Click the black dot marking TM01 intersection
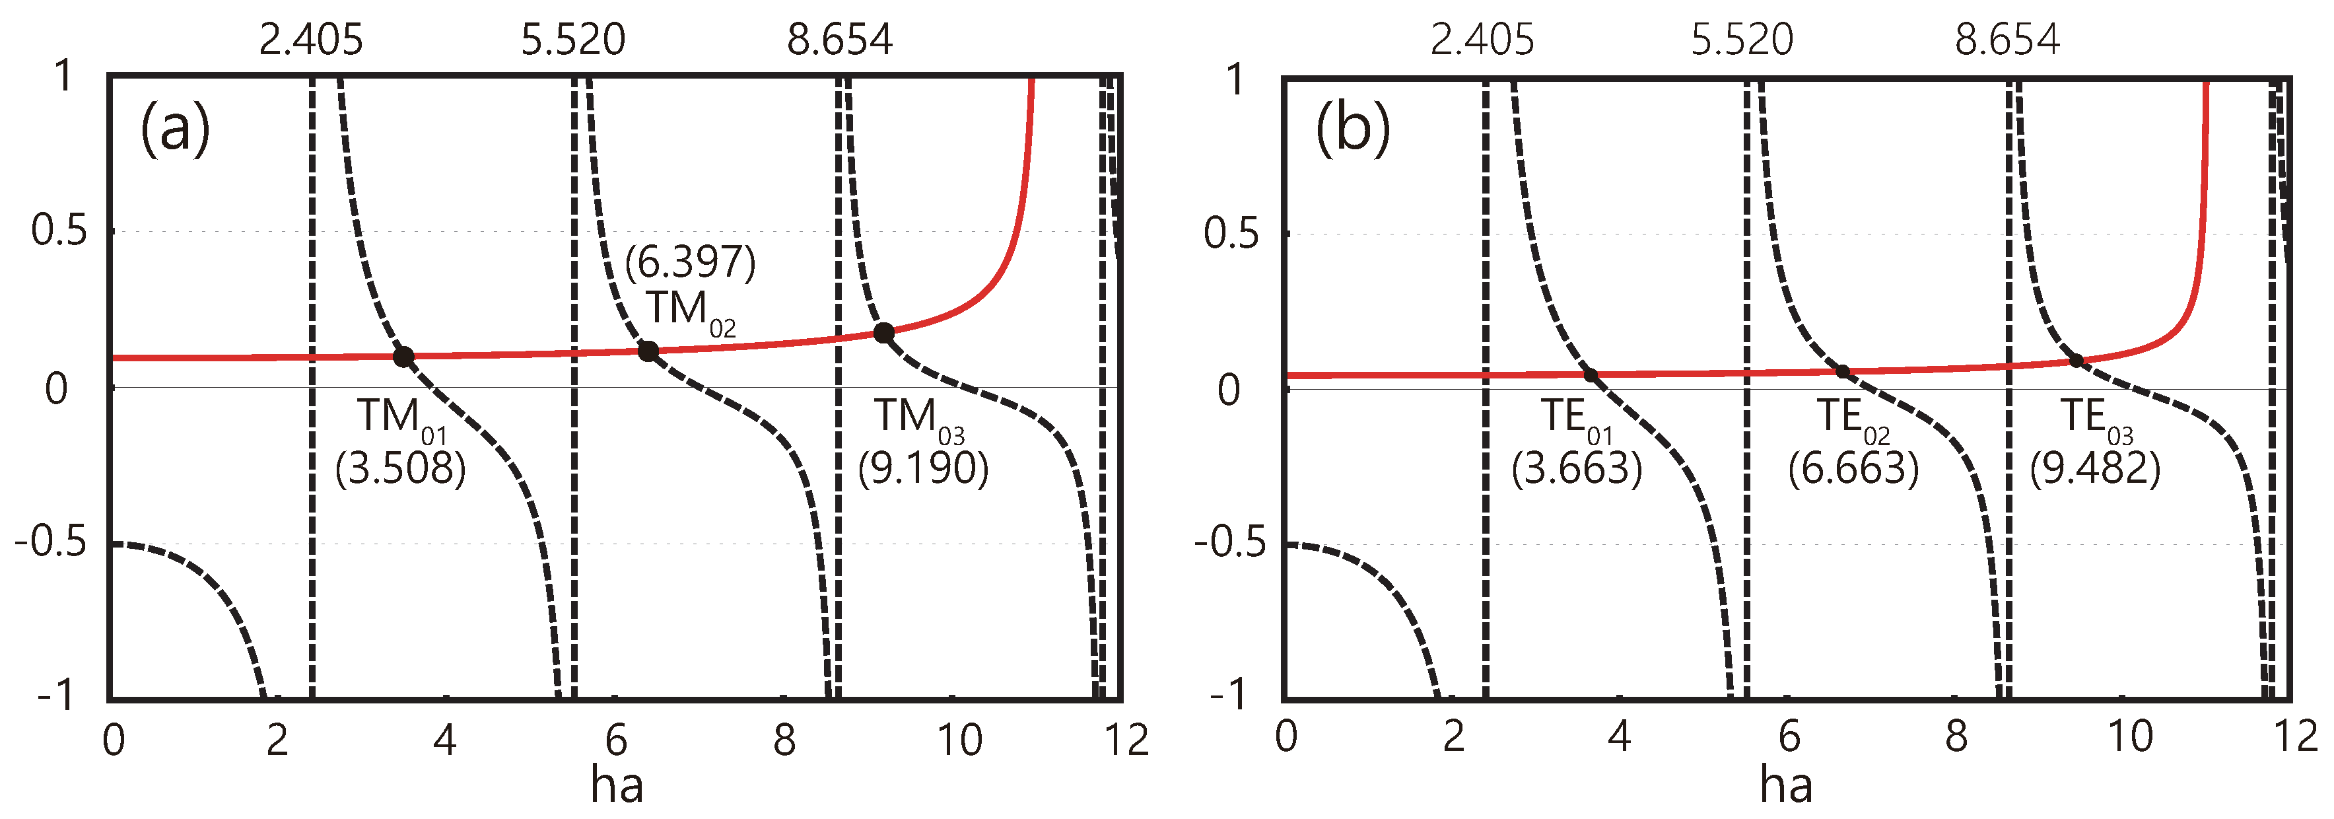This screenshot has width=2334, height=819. click(403, 357)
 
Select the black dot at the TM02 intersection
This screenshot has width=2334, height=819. click(648, 351)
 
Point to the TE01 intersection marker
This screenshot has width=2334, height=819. click(1590, 375)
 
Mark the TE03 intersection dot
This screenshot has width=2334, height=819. click(2077, 361)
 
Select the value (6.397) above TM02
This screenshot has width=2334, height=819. click(691, 263)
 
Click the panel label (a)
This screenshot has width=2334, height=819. click(175, 129)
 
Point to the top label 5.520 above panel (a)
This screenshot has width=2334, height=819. click(572, 40)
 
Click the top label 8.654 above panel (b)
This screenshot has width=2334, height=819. click(2007, 40)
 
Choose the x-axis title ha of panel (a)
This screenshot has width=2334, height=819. click(617, 785)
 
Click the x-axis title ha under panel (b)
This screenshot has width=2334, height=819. click(1786, 785)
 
